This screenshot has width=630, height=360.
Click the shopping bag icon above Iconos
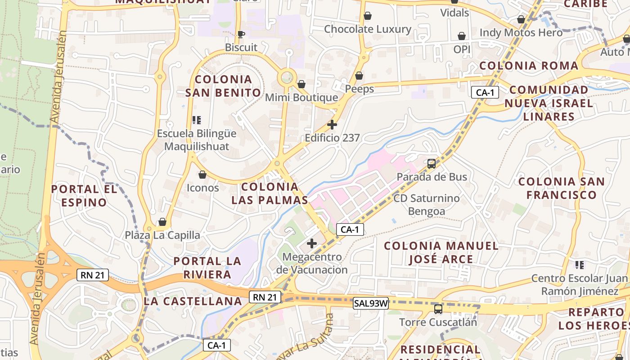202,175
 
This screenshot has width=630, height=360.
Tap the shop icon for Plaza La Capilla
162,222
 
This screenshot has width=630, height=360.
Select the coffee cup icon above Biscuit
241,34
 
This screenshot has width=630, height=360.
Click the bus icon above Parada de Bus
432,164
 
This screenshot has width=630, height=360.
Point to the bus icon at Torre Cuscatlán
438,309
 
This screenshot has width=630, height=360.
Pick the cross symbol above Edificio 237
332,125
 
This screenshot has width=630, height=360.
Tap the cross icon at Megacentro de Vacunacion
311,244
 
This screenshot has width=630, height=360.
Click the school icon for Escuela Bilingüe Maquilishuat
196,120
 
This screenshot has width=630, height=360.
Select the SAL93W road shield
371,303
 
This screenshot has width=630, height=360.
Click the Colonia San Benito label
223,86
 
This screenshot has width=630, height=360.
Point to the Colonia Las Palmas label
270,193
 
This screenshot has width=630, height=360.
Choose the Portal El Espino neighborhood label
84,196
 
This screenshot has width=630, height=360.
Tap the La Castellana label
193,301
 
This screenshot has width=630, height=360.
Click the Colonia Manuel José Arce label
441,252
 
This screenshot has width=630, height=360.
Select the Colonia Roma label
529,66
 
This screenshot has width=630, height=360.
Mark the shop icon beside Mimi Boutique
301,84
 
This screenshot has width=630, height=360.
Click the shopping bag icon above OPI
462,36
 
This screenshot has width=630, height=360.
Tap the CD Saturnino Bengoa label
427,205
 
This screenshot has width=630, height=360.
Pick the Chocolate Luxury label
368,29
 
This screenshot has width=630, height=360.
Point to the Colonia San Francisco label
562,188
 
